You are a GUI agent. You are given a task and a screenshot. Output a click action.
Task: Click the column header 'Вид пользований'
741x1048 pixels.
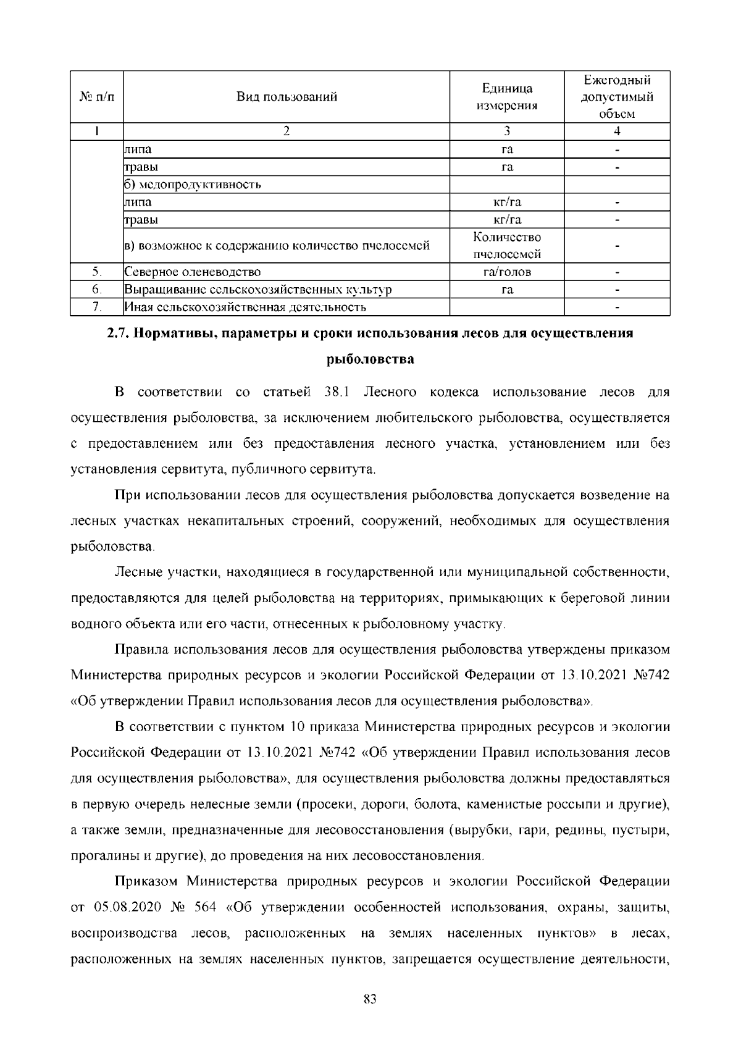[287, 97]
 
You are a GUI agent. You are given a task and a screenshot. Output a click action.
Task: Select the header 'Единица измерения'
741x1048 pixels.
[506, 97]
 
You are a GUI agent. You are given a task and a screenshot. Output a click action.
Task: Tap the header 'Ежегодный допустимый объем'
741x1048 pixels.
[617, 97]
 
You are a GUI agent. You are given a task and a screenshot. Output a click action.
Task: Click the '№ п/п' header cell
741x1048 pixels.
[97, 97]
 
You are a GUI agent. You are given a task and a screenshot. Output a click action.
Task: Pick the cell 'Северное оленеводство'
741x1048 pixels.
[193, 272]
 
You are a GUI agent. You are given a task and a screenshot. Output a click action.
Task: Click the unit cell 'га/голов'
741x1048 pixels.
[506, 272]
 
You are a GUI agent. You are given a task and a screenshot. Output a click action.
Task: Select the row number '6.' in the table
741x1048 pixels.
[97, 290]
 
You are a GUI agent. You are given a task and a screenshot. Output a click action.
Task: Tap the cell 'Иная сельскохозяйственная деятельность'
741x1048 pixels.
[245, 307]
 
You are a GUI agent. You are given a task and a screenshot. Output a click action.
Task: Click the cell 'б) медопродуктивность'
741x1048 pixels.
[193, 185]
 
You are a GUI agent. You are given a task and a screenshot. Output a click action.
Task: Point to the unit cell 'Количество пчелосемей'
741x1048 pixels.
[506, 246]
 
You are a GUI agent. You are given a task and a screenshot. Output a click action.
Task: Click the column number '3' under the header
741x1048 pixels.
[506, 131]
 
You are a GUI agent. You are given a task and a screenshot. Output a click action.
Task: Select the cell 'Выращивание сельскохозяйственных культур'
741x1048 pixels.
[258, 290]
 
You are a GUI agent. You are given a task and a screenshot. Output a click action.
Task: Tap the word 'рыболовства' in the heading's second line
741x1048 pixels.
[370, 359]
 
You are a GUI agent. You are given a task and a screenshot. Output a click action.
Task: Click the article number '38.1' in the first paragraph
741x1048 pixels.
[337, 393]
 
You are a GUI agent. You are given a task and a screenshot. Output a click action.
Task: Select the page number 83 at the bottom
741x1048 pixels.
[370, 1000]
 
